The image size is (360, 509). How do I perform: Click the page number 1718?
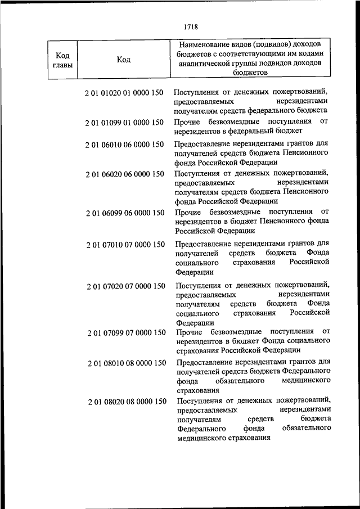tap(191, 26)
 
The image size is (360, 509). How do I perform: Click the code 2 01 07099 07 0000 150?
tap(127, 332)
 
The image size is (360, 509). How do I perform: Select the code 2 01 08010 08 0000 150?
tap(127, 363)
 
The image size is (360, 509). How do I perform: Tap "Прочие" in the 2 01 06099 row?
tap(187, 212)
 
